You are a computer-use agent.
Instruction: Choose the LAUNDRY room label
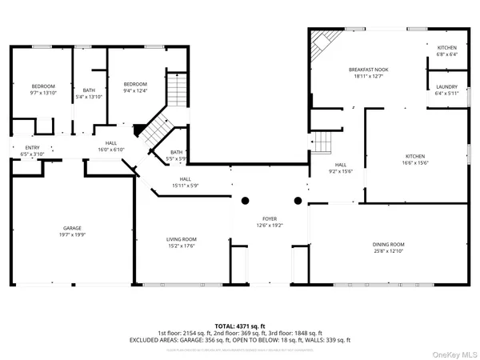[446, 86]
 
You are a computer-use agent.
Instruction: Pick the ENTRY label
[32, 147]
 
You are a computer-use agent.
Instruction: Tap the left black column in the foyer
[246, 200]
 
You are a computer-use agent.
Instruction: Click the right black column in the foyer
[298, 200]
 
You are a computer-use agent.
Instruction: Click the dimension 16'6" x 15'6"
[415, 162]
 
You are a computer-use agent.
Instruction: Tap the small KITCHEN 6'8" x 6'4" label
[446, 51]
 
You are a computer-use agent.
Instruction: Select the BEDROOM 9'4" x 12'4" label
[135, 87]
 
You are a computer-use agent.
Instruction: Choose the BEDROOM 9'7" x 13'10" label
[43, 90]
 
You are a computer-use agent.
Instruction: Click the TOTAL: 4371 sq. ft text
[239, 326]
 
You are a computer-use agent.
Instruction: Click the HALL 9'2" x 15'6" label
[340, 167]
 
